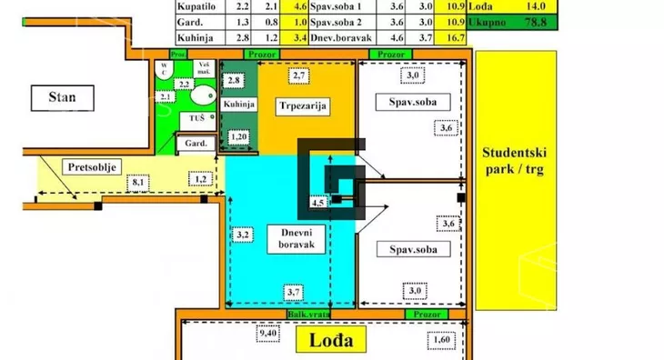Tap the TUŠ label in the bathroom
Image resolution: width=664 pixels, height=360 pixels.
[x=196, y=118]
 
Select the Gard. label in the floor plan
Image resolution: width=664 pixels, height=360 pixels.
[x=197, y=144]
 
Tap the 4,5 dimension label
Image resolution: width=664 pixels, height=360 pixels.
[x=318, y=203]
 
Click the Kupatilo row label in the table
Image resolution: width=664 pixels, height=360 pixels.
[x=196, y=5]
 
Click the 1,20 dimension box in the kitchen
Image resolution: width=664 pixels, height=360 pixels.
[x=240, y=137]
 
